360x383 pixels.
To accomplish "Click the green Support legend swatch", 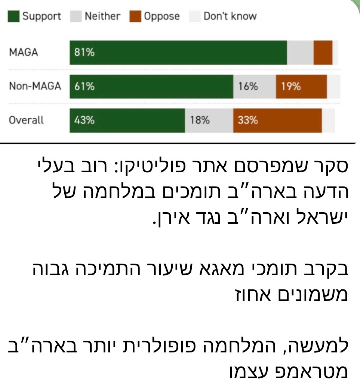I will pos(13,16).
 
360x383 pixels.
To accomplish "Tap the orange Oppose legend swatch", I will pos(135,16).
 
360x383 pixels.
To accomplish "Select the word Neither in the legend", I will pos(102,16).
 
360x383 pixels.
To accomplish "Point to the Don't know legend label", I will pos(230,16).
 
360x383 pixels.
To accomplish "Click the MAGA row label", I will pos(24,53).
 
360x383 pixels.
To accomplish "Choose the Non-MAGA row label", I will pos(35,87).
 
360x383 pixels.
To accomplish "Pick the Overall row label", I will pos(26,120).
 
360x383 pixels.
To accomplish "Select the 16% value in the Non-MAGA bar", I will pos(248,87).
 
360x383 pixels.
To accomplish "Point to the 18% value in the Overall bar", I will pos(200,120).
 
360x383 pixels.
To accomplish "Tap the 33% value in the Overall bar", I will pos(247,120).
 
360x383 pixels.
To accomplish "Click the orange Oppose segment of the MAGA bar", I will pos(323,53).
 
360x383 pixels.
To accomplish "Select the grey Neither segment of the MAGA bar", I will pos(300,53).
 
